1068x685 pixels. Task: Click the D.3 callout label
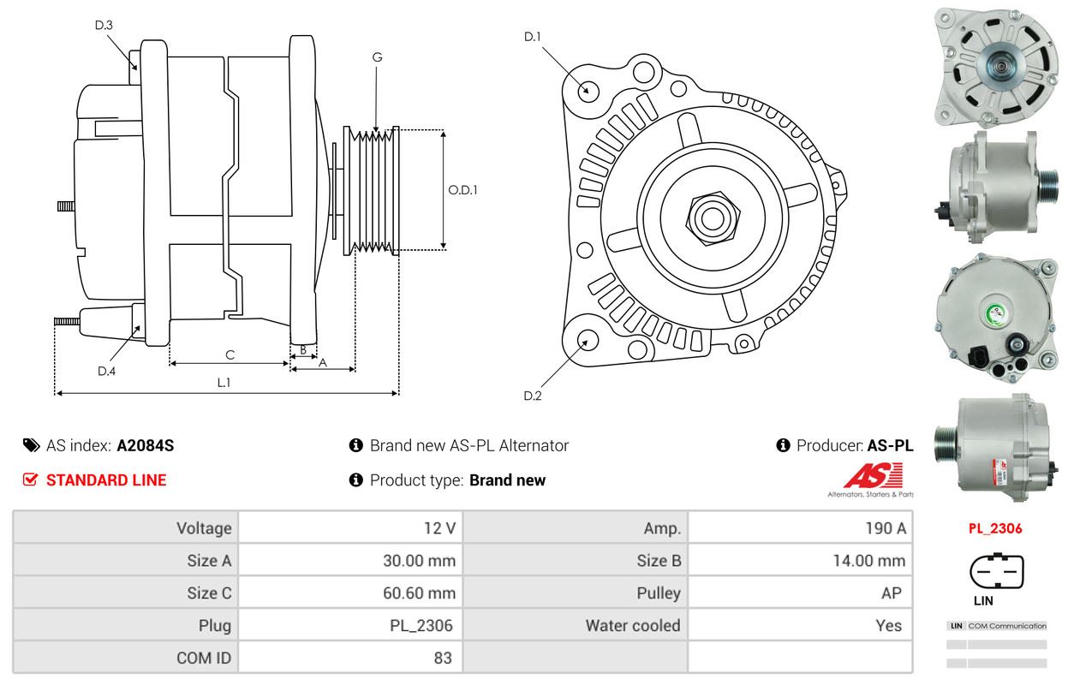[x=104, y=26]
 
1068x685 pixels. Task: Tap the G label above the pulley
[x=377, y=57]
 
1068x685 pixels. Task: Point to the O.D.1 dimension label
[x=462, y=190]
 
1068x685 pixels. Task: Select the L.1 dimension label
[x=224, y=383]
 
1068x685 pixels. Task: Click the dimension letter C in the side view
[x=230, y=354]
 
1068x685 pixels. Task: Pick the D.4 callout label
[x=106, y=371]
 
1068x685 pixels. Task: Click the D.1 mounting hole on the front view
[x=588, y=90]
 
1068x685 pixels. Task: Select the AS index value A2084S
[x=146, y=445]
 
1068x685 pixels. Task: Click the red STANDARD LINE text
[x=106, y=480]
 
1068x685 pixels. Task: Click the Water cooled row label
[x=633, y=626]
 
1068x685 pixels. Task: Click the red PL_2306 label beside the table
[x=995, y=528]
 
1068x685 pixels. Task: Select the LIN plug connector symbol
[x=996, y=571]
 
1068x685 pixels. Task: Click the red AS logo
[x=873, y=476]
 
